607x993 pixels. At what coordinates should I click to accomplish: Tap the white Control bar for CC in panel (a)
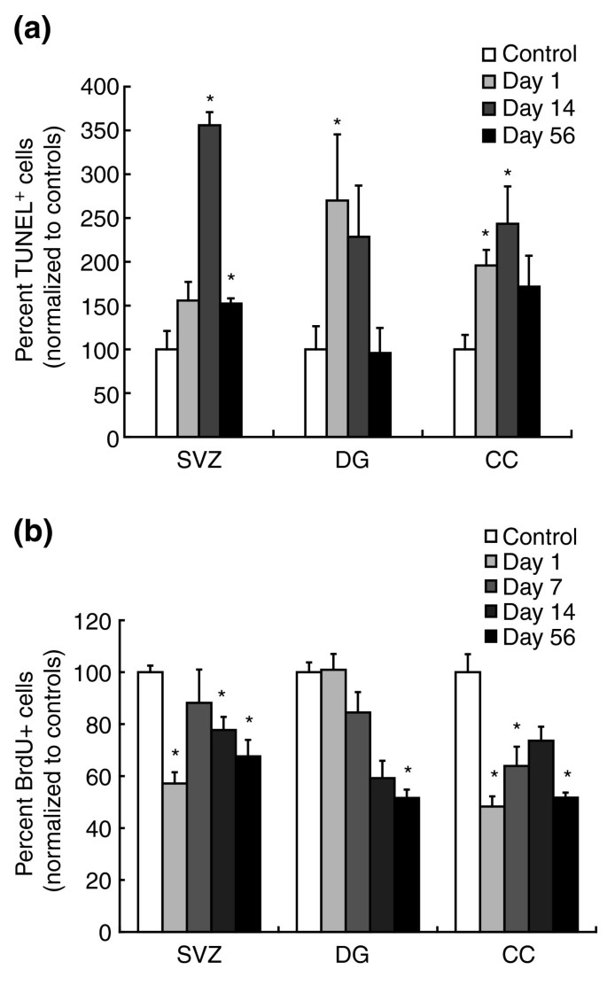coord(464,393)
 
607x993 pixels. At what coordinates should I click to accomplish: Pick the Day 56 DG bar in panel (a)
coord(379,394)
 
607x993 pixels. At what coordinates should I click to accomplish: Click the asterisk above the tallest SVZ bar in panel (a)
coord(210,99)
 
